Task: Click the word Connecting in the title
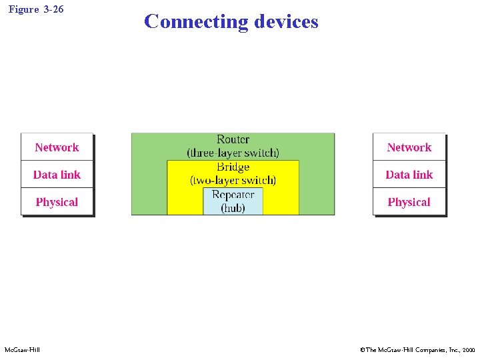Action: pyautogui.click(x=195, y=22)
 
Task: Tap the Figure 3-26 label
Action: pyautogui.click(x=37, y=9)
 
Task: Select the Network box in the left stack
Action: pyautogui.click(x=57, y=147)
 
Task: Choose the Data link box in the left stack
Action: pyautogui.click(x=57, y=175)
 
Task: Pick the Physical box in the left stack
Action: pyautogui.click(x=57, y=202)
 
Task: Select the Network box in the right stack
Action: pyautogui.click(x=409, y=147)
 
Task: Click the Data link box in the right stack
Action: pyautogui.click(x=409, y=175)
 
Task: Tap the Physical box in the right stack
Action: pyautogui.click(x=409, y=202)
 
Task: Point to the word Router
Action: pyautogui.click(x=233, y=139)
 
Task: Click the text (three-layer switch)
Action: pyautogui.click(x=233, y=153)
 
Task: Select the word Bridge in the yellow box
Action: pyautogui.click(x=233, y=167)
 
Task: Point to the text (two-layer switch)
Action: pyautogui.click(x=233, y=180)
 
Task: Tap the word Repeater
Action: pyautogui.click(x=233, y=195)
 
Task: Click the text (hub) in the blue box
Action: pyautogui.click(x=233, y=208)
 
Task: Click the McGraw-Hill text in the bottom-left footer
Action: pyautogui.click(x=22, y=350)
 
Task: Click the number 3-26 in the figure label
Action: pyautogui.click(x=53, y=9)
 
